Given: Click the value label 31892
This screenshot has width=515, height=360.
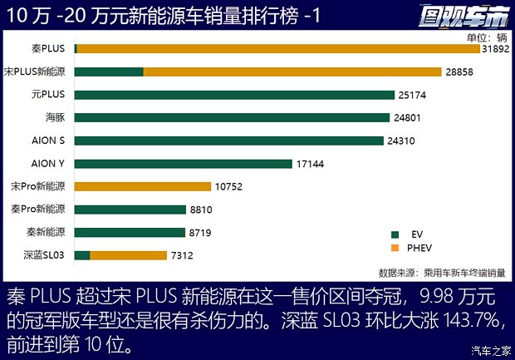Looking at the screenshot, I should click(497, 49).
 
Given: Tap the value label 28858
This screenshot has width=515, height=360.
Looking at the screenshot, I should click(459, 72).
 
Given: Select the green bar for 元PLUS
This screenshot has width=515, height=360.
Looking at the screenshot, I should click(234, 95).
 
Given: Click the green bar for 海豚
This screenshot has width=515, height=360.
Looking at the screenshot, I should click(233, 118).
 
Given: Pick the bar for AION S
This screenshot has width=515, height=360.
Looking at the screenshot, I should click(230, 141).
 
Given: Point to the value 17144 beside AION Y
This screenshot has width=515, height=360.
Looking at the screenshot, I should click(311, 164).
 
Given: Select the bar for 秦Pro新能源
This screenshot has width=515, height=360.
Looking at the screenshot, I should click(130, 210).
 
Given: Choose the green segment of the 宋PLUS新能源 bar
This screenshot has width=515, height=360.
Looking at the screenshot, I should click(109, 72).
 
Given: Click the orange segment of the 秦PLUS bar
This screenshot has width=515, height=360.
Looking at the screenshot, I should click(278, 49).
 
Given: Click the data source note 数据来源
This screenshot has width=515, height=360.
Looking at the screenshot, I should click(441, 273).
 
